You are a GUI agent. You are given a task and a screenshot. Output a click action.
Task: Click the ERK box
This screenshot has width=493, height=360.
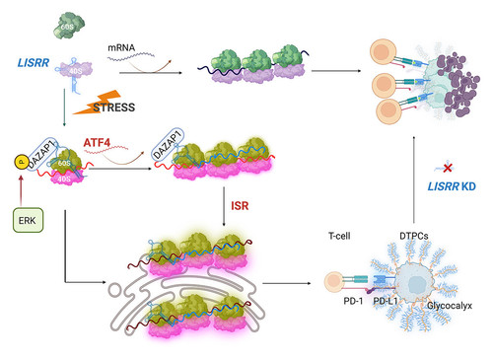tap(28, 220)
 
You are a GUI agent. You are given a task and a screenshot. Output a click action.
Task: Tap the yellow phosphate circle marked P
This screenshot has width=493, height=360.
tap(22, 162)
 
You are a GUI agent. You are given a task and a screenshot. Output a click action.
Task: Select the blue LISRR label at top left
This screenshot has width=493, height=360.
tap(34, 62)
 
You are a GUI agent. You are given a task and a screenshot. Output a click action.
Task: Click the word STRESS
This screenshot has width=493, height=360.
tap(114, 108)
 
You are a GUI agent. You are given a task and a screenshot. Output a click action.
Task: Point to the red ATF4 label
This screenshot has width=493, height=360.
tap(97, 142)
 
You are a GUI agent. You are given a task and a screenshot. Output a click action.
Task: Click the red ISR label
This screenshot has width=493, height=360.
tap(240, 206)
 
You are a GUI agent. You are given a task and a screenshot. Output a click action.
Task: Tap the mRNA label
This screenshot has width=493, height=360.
tap(121, 47)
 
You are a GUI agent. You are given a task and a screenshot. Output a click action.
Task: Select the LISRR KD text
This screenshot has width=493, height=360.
tap(452, 186)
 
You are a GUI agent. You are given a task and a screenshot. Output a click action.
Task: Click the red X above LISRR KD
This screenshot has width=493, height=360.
tap(448, 168)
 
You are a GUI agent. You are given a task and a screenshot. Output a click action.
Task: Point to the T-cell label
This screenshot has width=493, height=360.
tap(339, 236)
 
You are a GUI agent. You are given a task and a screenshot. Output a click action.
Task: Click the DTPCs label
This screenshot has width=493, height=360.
tap(414, 236)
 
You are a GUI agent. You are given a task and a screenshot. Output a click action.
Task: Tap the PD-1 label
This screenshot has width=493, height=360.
tap(353, 301)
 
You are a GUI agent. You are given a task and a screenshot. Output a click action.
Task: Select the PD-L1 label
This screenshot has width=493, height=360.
tap(386, 301)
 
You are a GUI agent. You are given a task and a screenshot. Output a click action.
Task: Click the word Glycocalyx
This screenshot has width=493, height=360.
tap(450, 306)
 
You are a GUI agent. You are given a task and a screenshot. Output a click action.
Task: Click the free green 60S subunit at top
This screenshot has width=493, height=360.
tap(69, 26)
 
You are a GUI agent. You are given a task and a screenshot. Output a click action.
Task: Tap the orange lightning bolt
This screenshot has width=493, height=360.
tap(97, 103)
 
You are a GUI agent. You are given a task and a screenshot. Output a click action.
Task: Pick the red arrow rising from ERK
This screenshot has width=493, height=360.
tap(22, 190)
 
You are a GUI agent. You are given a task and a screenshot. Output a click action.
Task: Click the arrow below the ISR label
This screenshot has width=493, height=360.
tap(224, 206)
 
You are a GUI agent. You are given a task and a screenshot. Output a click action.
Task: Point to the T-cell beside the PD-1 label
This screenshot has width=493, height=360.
tap(333, 282)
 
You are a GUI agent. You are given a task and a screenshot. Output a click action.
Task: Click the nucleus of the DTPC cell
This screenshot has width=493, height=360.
tap(417, 283)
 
